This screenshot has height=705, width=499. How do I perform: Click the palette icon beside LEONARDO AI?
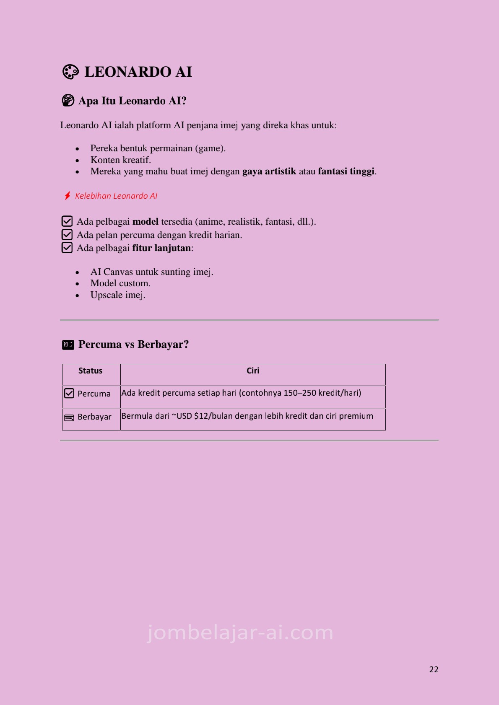70,72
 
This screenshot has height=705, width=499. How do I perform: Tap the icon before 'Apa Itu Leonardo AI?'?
68,101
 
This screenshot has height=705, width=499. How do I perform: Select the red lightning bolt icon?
67,196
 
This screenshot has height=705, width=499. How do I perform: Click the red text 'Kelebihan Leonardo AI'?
116,196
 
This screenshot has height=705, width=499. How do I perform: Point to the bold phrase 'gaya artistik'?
269,171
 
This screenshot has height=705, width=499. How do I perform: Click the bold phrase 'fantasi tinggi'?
346,171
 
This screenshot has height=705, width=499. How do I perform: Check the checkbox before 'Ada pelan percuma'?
67,235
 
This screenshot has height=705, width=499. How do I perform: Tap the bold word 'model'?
146,222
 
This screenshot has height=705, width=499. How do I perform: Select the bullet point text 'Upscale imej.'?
118,295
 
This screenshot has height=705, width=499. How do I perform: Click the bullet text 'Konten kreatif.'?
121,160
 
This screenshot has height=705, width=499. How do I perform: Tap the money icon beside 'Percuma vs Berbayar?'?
68,345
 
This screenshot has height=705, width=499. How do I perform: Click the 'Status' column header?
91,371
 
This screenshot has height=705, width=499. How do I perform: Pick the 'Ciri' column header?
253,371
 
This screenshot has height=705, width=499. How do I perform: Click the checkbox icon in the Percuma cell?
69,394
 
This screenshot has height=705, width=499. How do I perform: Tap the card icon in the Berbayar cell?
69,417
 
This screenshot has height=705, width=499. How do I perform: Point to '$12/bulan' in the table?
213,416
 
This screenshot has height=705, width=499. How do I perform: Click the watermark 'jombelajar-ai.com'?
240,632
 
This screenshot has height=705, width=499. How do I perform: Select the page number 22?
434,670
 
